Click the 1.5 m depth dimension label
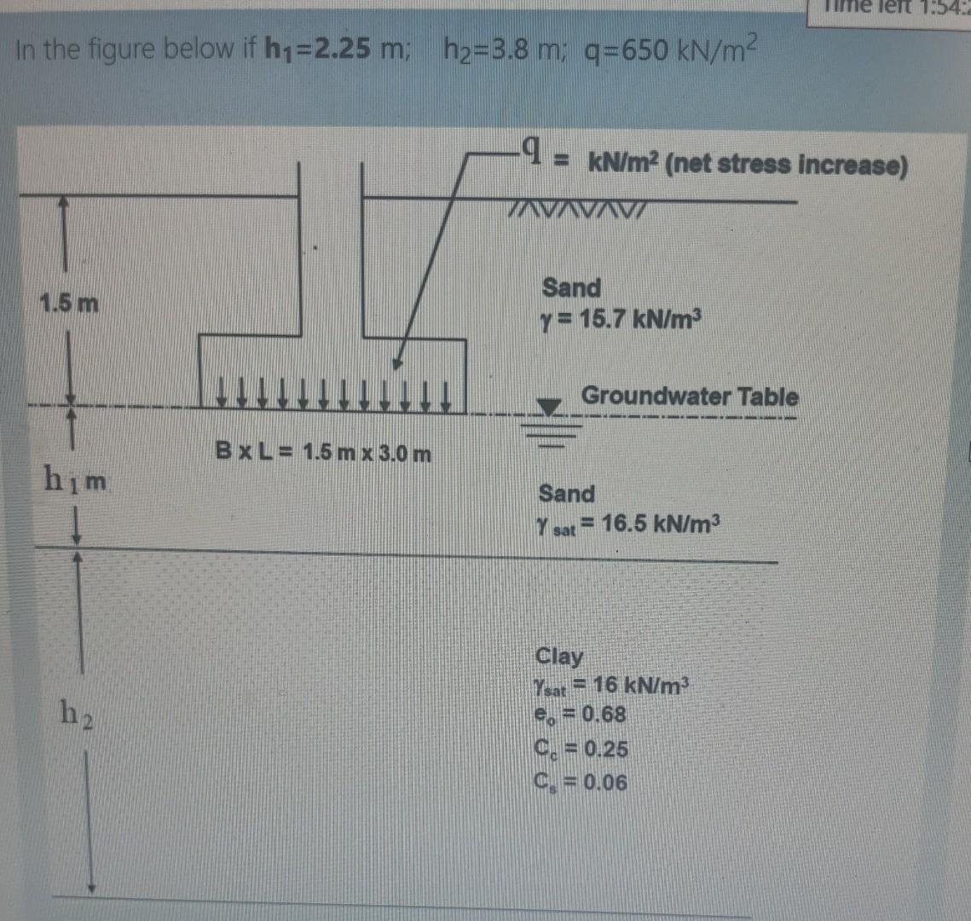69,302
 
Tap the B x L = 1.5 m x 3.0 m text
323,452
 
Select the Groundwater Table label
690,397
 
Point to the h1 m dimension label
75,483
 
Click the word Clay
559,657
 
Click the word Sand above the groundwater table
571,287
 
